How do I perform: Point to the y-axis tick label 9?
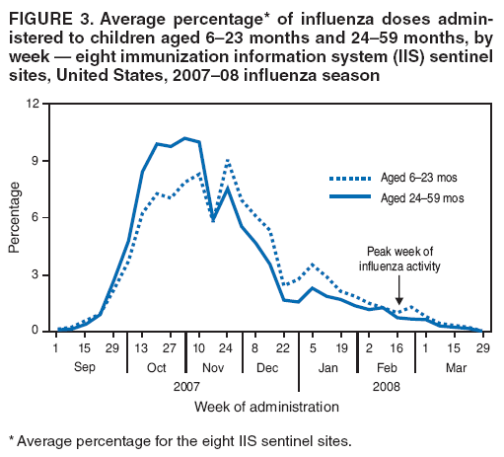click(36, 161)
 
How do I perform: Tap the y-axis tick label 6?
click(36, 217)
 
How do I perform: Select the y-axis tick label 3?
click(36, 274)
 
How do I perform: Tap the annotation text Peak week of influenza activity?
click(399, 259)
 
